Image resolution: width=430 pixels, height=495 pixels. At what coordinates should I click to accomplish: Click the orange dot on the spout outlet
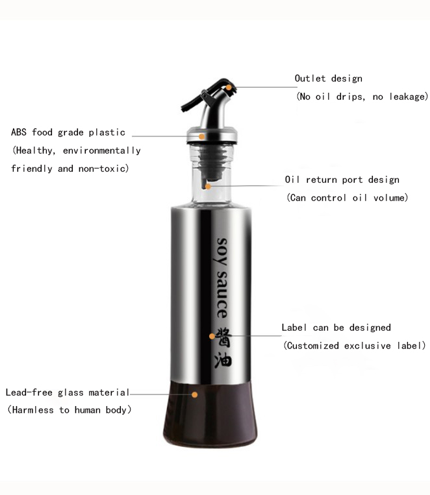click(229, 86)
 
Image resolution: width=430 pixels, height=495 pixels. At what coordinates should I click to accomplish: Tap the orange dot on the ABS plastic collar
click(202, 136)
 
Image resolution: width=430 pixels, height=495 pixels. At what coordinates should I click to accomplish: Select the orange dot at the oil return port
click(207, 186)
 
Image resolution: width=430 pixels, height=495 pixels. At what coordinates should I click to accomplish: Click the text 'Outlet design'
click(329, 78)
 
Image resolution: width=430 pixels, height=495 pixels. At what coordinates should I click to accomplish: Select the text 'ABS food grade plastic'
click(68, 132)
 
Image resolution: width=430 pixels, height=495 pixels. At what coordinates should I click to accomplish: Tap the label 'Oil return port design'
click(342, 180)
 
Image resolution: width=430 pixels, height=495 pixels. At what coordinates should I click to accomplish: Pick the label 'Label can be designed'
click(336, 328)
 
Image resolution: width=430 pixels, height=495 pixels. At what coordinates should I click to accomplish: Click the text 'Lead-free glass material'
click(68, 392)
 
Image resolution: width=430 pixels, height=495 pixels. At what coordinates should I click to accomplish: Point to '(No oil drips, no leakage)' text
click(362, 97)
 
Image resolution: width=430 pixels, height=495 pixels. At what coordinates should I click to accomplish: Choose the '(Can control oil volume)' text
click(348, 198)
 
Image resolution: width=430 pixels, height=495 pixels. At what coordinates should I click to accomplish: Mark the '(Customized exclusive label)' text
click(355, 346)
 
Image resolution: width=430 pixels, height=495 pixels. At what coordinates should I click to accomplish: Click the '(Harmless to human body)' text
click(70, 410)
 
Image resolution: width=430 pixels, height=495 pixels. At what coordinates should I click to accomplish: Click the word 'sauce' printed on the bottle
click(223, 289)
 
